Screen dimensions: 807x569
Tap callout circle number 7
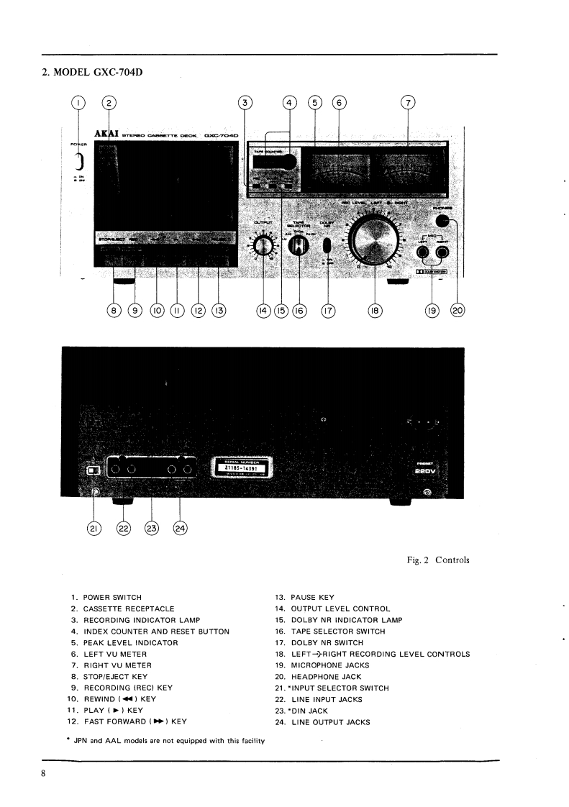408,103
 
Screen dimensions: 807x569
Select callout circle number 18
374,311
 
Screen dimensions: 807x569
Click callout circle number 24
180,529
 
